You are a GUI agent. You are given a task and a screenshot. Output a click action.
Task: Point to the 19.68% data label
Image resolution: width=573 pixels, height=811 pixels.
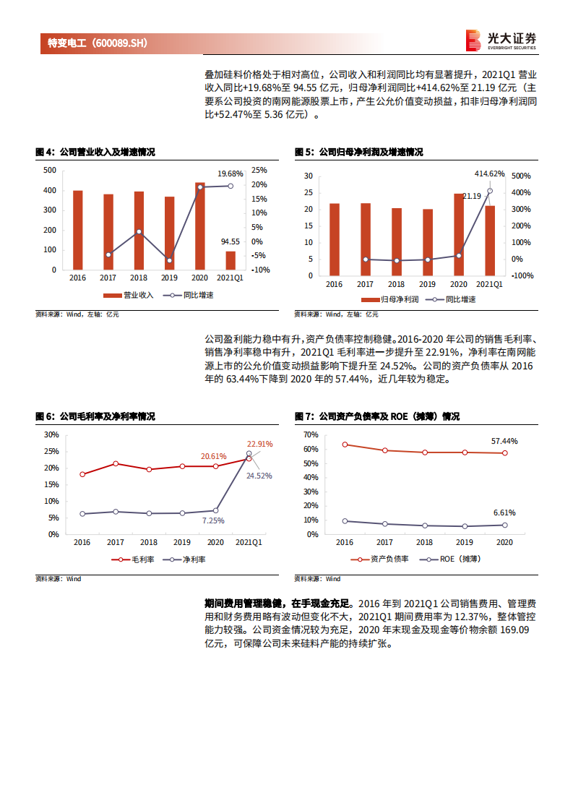coord(231,173)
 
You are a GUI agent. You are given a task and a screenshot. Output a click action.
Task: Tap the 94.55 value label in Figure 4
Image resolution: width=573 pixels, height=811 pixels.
coord(231,241)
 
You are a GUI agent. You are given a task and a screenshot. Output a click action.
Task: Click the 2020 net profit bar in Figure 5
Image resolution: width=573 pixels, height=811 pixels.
coord(459,234)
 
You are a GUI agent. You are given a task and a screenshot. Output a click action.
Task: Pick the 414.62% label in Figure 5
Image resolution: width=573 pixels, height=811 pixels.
coord(489,173)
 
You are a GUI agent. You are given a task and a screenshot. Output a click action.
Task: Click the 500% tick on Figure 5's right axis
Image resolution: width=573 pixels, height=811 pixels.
coord(521,176)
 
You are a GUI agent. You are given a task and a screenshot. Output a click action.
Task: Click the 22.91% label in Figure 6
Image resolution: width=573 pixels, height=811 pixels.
coord(259,444)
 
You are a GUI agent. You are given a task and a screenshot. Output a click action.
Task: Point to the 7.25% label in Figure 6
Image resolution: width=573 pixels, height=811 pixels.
coord(213,520)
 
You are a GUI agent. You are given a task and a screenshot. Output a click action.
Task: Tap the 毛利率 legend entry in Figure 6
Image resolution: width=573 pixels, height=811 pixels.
coord(133,559)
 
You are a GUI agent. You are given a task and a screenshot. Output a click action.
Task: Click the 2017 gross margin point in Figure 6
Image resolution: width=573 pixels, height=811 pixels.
coord(116,463)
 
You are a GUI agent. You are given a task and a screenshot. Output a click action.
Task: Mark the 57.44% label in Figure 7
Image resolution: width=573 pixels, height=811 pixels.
coord(504,440)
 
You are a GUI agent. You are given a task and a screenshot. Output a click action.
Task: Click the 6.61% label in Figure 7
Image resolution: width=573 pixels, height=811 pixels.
coord(504,512)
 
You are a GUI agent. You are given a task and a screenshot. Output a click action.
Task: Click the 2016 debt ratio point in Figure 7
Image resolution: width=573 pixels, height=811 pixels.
coord(345,445)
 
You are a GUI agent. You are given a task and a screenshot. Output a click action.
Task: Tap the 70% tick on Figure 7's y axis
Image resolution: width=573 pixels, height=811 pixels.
coord(311,434)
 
